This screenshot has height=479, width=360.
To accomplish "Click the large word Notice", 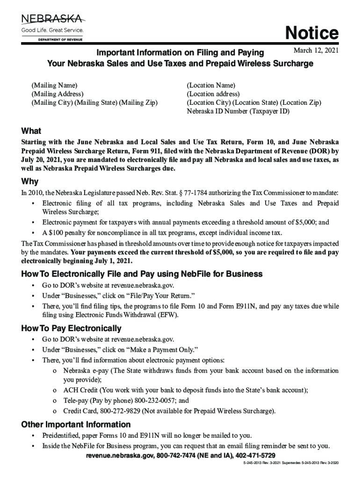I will click(x=312, y=33).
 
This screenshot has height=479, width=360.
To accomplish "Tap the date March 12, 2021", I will click(x=316, y=51).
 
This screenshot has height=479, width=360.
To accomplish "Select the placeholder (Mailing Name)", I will click(x=54, y=85).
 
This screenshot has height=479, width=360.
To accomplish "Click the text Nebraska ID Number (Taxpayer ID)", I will click(x=238, y=111).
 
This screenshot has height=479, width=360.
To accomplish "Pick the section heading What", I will click(x=31, y=131).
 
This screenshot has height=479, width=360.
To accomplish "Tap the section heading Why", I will click(x=30, y=181).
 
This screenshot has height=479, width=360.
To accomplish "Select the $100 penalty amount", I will click(x=56, y=233).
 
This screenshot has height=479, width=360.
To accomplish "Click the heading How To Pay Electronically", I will click(x=71, y=328).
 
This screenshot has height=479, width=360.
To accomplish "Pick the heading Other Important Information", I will click(x=76, y=425).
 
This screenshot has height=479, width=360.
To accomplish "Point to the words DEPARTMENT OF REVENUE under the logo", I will click(x=60, y=40).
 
